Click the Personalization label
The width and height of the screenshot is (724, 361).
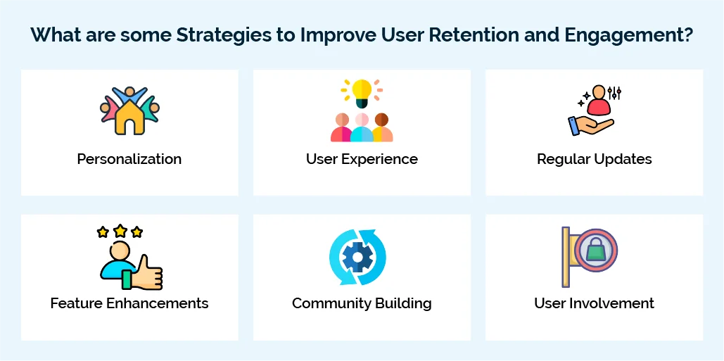coord(129,159)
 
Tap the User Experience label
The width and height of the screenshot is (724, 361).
coord(362,159)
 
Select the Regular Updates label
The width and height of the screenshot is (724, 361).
coord(594,159)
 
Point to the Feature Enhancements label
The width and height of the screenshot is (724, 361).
coord(129,303)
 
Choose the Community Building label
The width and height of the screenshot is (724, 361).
coord(362,303)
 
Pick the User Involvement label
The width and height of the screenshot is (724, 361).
coord(594,303)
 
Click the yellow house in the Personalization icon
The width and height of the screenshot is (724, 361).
coord(129,118)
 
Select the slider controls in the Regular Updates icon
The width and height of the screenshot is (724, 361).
coord(614,93)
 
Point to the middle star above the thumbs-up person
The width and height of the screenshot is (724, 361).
coord(120,230)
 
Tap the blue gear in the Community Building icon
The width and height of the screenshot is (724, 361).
coord(357,258)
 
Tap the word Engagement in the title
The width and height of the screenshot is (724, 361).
coord(634,36)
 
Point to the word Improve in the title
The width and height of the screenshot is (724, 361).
coord(340,36)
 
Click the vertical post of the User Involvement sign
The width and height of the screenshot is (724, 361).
coord(565,257)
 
